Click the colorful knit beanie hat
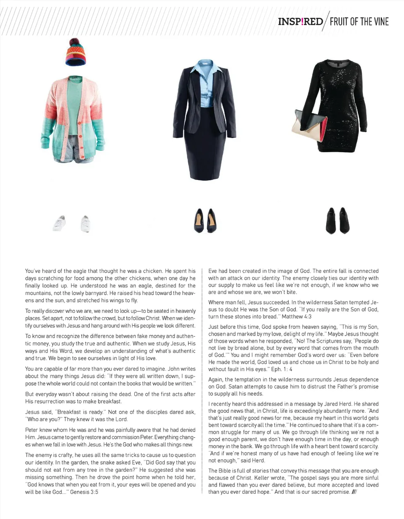pyautogui.click(x=76, y=54)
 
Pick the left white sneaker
pyautogui.click(x=59, y=223)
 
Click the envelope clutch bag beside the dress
pyautogui.click(x=309, y=126)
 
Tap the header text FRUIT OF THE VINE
pyautogui.click(x=359, y=22)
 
